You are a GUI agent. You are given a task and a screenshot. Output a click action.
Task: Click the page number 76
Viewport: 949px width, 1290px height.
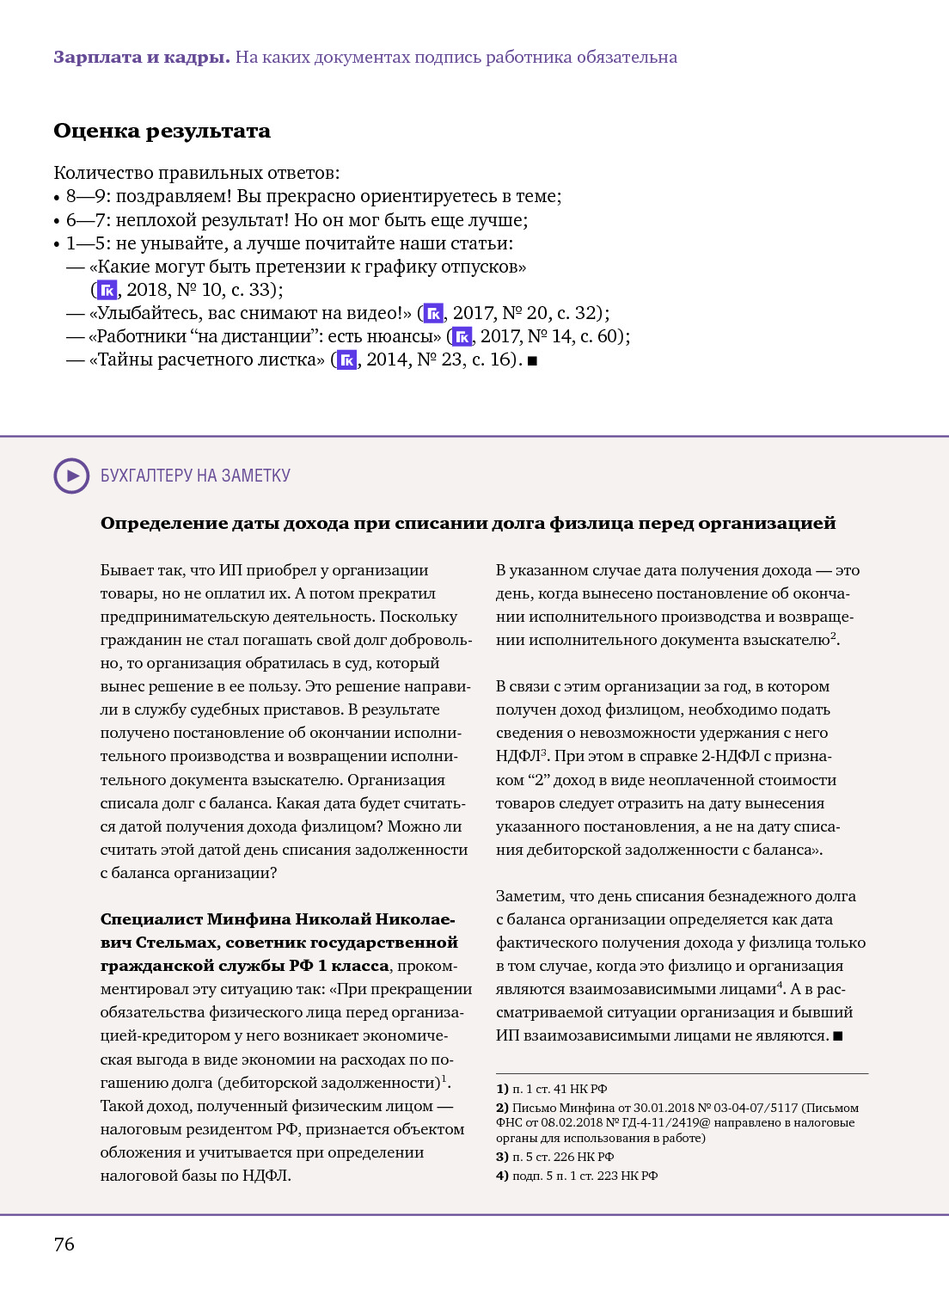(x=64, y=1244)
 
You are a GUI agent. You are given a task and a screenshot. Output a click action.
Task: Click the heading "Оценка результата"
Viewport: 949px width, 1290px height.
(x=162, y=131)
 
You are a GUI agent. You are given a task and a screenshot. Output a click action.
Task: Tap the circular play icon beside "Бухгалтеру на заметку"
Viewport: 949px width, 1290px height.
(x=71, y=476)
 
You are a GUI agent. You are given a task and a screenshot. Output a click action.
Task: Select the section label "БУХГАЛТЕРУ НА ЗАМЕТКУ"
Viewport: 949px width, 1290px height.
(x=195, y=476)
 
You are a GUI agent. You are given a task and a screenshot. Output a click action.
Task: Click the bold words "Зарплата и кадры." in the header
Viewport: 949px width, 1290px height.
(x=141, y=58)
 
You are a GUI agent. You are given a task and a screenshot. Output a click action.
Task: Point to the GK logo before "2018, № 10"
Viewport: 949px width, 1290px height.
(x=107, y=290)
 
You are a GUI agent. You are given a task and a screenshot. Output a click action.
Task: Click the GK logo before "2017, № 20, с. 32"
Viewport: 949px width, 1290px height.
(x=433, y=313)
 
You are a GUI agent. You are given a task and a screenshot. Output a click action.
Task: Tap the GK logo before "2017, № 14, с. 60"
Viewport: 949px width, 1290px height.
(x=462, y=336)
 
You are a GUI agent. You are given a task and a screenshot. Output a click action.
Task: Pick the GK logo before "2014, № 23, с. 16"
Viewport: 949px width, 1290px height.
(x=346, y=359)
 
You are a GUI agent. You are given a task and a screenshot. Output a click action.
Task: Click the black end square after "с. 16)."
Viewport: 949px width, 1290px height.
(x=532, y=361)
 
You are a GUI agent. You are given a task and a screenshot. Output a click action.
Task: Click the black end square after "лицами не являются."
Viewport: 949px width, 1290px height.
(x=838, y=1036)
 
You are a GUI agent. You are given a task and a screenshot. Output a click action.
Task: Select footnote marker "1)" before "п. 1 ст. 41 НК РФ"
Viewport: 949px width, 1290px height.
(x=502, y=1089)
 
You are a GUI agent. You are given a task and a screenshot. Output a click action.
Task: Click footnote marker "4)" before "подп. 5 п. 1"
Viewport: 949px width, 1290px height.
(x=502, y=1176)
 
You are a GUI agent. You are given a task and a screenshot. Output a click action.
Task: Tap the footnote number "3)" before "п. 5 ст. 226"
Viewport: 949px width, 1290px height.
(x=502, y=1157)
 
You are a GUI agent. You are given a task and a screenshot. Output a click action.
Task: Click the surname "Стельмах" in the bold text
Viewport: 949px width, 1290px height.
(x=176, y=943)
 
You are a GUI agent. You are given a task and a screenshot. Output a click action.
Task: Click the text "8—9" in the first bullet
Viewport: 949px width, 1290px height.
(x=85, y=196)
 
